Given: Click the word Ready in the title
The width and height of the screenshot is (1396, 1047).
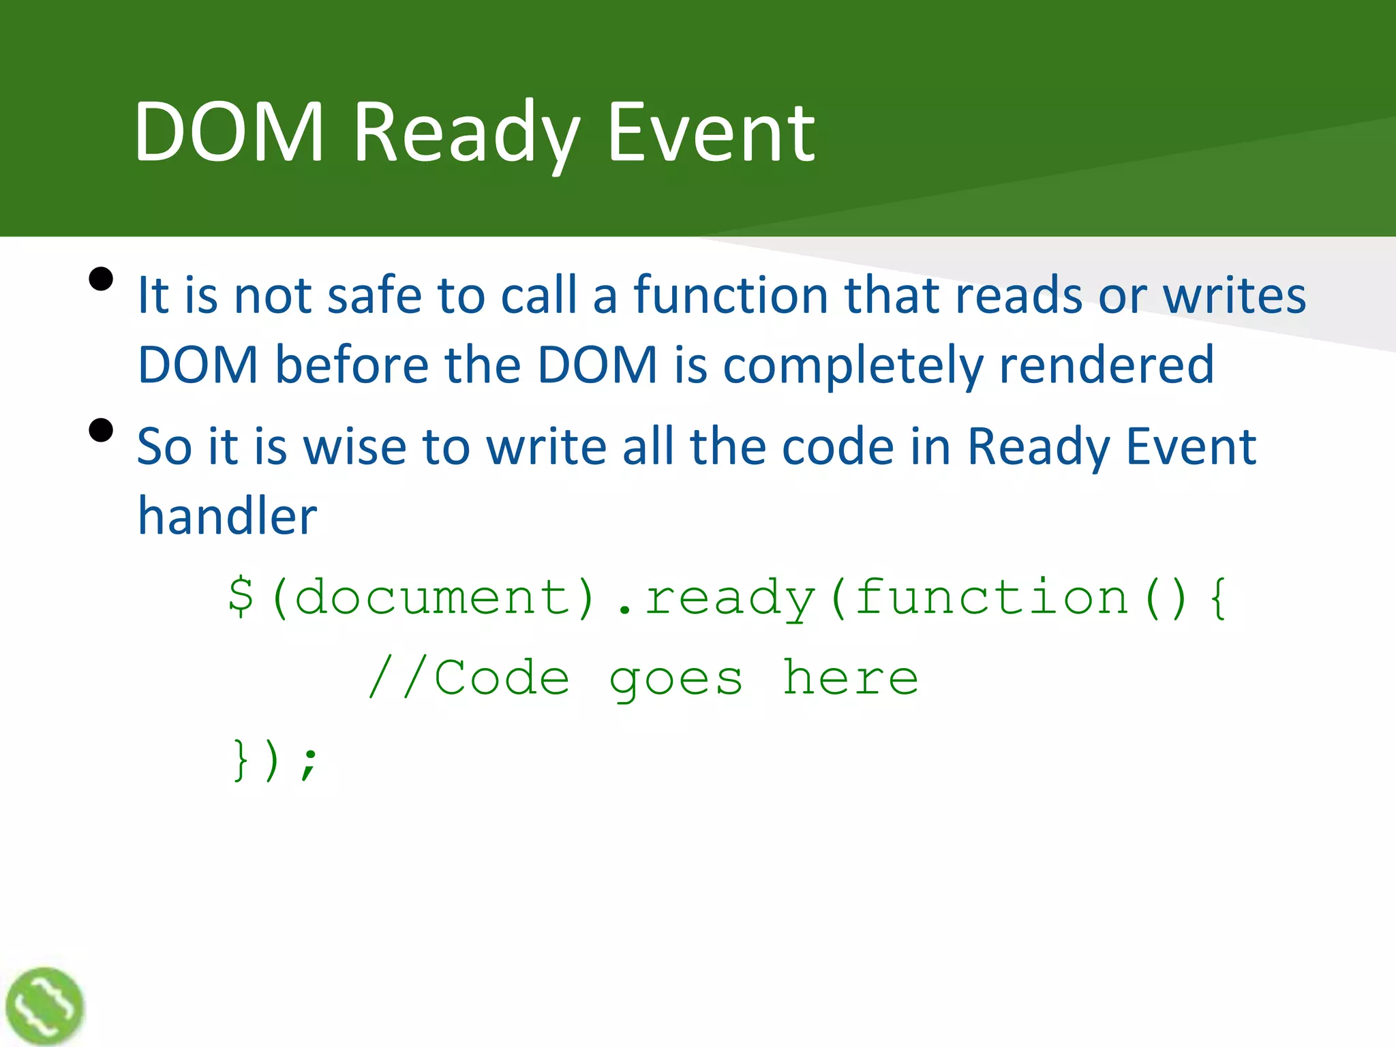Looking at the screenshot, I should [466, 133].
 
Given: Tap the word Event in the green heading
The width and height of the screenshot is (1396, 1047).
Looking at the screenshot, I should [711, 133].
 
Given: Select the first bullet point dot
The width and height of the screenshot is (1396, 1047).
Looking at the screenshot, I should [101, 279].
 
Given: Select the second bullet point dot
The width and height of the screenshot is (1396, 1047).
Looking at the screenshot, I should [101, 430].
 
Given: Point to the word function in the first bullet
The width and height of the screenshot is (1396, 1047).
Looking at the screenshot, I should [731, 295].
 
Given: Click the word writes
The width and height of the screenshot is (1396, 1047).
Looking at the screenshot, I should [1234, 295].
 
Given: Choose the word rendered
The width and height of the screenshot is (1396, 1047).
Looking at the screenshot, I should [1106, 365].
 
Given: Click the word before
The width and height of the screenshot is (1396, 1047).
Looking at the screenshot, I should [352, 365].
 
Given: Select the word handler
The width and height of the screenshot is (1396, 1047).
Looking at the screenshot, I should [227, 516].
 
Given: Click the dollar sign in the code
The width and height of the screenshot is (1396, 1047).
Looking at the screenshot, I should [241, 597].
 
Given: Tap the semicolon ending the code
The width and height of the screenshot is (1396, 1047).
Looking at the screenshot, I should [309, 761].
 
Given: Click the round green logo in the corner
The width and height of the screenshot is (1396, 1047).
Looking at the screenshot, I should [44, 1005].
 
